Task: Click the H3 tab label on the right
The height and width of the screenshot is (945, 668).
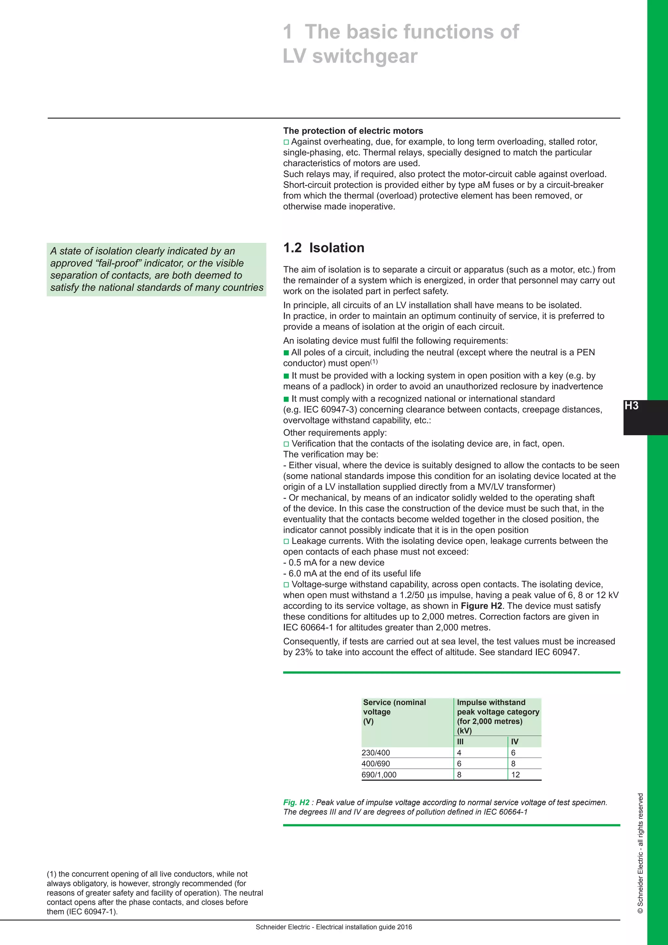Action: [x=631, y=406]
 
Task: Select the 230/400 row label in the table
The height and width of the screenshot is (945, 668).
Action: [x=375, y=753]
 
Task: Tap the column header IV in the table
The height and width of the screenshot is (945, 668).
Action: [x=515, y=742]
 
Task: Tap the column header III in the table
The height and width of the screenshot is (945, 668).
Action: [x=460, y=742]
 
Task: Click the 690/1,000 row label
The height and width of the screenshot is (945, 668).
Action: [x=379, y=775]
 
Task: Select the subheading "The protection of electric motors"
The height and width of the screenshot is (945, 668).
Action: [x=353, y=131]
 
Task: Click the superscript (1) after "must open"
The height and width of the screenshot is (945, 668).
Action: [x=373, y=362]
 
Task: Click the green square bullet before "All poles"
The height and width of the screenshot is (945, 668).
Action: [x=286, y=353]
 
